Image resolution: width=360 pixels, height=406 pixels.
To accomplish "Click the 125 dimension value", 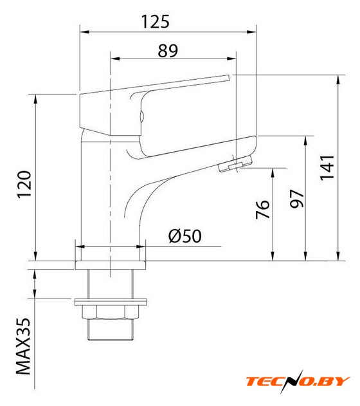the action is coord(156,21).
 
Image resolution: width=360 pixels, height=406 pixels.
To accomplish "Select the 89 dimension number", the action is coord(168,51).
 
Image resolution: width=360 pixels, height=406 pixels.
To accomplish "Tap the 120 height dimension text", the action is coord(24,185).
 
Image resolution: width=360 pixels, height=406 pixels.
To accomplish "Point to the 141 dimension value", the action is coord(327,167).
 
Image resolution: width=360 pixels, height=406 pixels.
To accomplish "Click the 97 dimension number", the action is coord(296,199).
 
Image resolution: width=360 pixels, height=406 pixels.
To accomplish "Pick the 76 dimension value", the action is coord(262,209).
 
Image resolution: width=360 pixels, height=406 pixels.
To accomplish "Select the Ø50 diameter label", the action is coord(185,236).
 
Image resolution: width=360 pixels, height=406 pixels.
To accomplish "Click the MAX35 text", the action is coord(23,346).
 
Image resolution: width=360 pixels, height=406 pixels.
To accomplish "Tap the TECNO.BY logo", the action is coord(298,382).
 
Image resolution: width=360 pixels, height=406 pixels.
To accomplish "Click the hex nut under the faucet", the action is coord(111,312).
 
